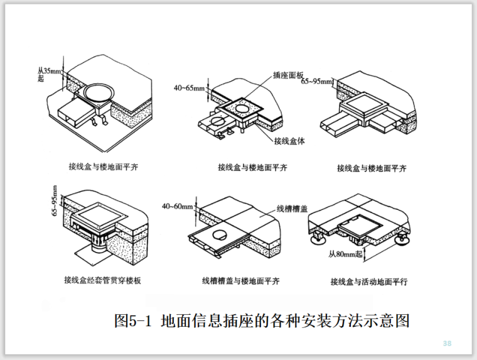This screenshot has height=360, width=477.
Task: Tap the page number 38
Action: [448, 343]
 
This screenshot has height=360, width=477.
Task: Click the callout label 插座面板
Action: [287, 74]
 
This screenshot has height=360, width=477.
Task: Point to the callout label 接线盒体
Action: [289, 141]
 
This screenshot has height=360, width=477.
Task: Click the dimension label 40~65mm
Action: [189, 88]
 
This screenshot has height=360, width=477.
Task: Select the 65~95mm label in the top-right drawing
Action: [316, 82]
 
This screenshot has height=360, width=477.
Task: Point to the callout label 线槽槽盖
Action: [291, 208]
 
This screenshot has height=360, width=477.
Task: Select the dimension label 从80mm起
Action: [346, 254]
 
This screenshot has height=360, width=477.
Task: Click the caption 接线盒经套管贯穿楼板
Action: [102, 280]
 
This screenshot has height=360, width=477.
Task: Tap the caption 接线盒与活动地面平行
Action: [369, 281]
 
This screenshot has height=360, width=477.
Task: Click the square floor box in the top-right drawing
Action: [362, 103]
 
